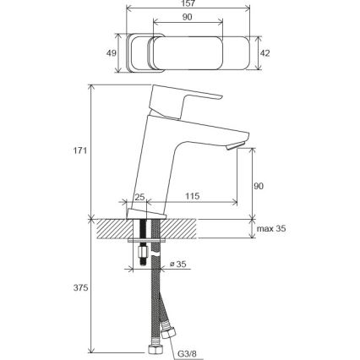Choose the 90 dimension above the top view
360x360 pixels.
coord(187,17)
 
